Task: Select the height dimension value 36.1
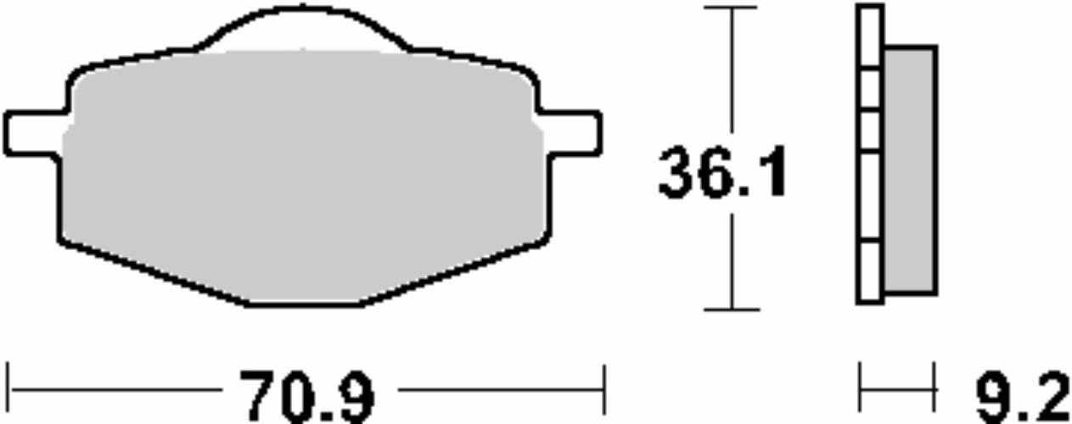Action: [723, 174]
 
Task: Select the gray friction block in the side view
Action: [909, 170]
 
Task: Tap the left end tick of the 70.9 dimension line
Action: [8, 390]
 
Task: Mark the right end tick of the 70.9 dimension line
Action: [603, 390]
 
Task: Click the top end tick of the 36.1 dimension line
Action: [731, 7]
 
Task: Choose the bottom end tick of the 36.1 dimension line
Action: [731, 310]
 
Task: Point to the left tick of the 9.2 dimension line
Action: [860, 390]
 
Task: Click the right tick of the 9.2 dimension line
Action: [934, 390]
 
